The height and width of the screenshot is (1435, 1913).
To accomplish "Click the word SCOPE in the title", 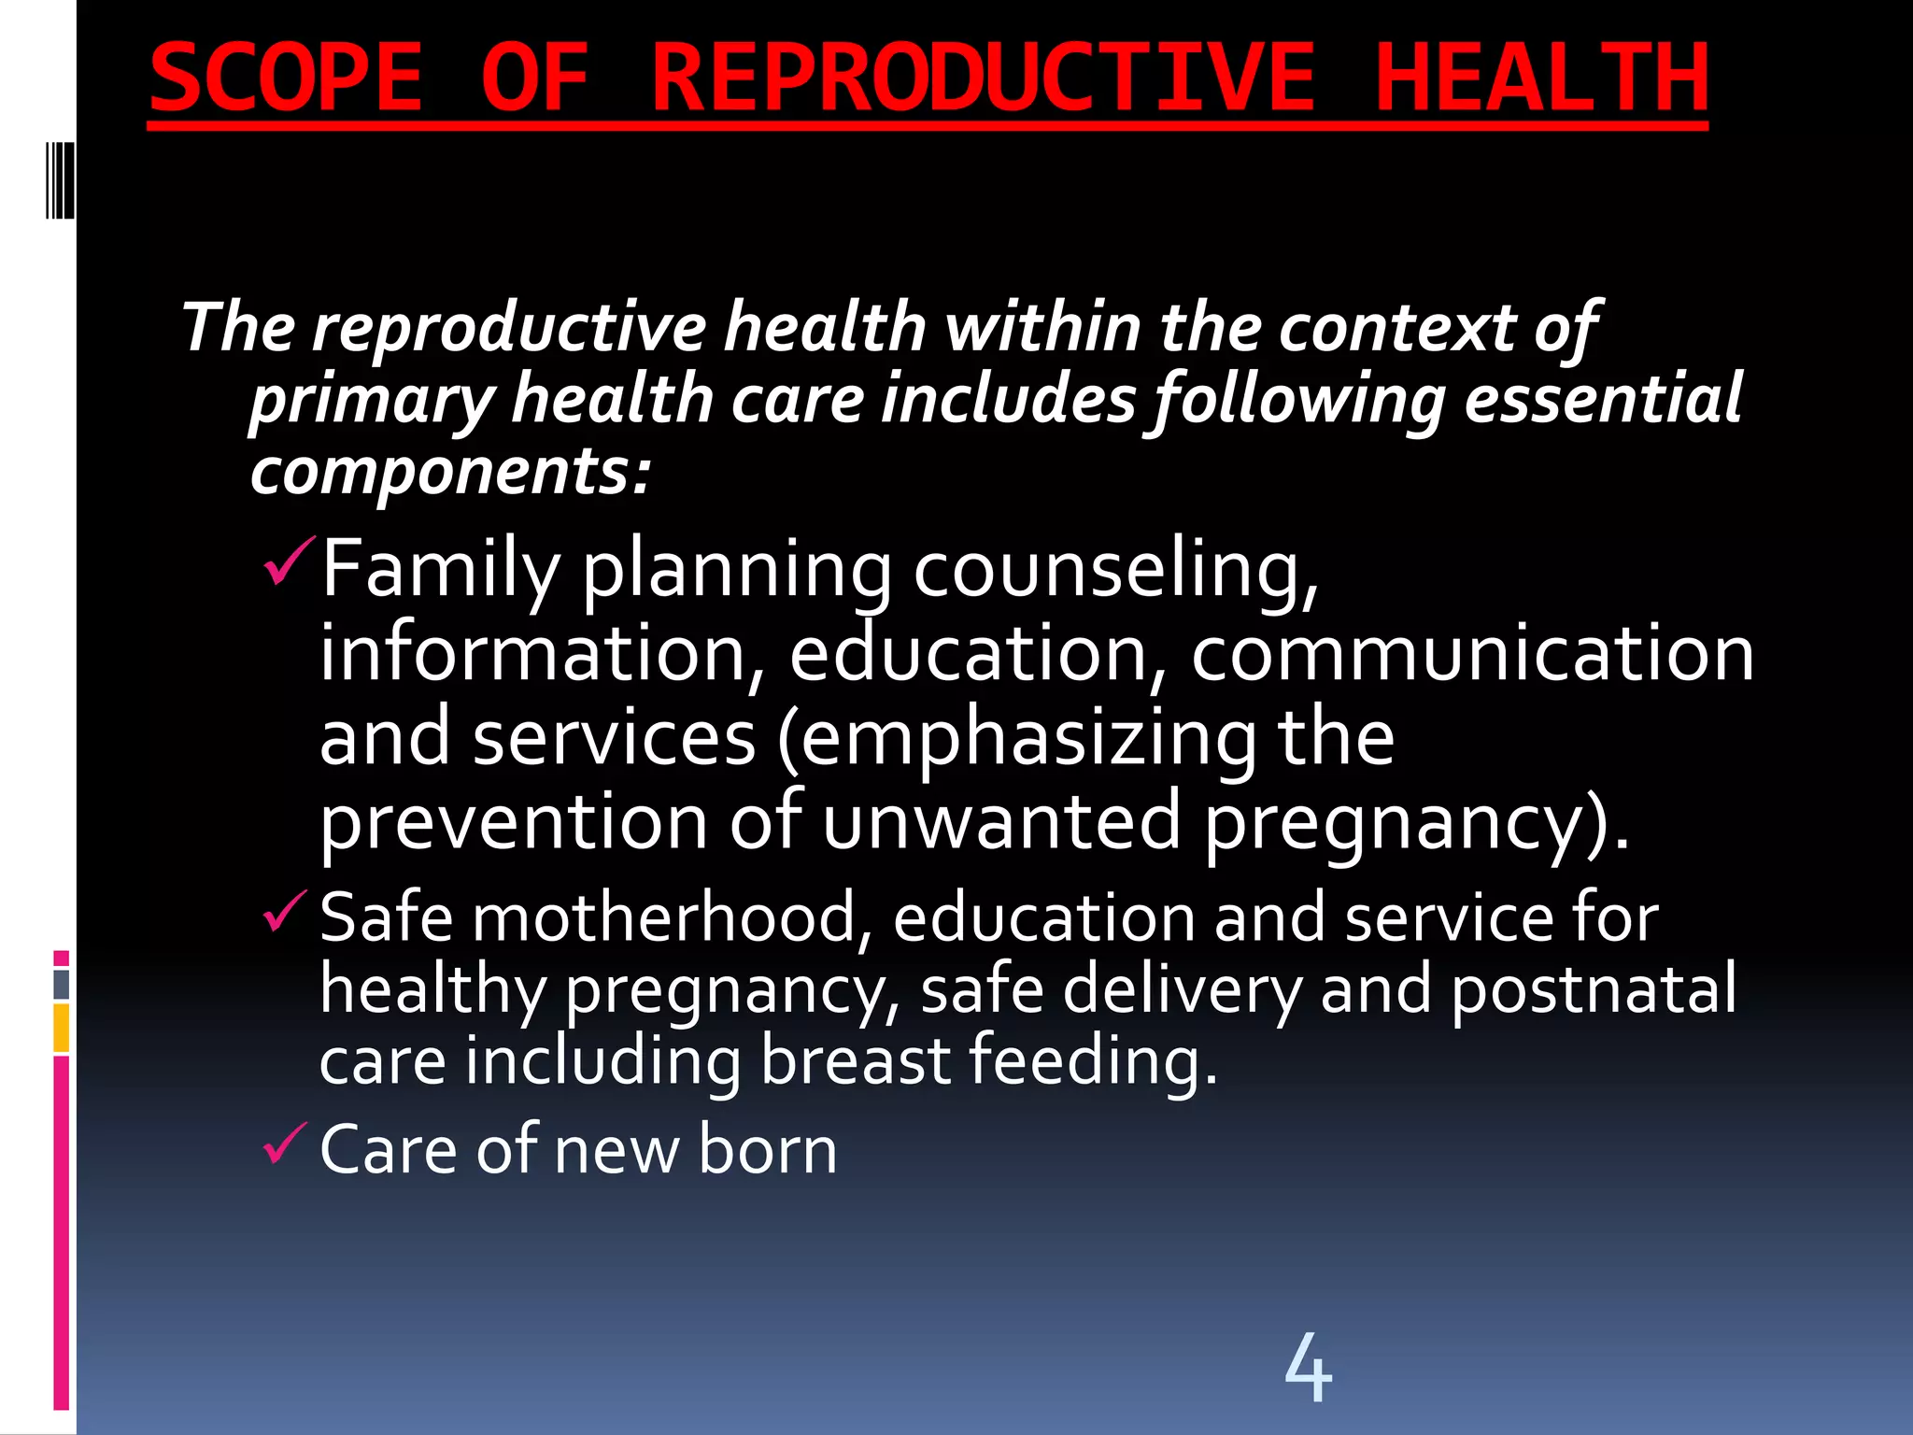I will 285,78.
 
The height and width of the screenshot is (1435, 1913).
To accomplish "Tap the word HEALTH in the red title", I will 1541,78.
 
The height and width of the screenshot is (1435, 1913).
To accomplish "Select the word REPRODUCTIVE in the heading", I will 983,78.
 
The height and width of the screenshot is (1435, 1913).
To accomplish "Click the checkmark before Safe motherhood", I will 284,911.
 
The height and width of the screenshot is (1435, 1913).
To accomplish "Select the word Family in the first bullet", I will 439,570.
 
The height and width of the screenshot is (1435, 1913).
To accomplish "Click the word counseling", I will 1114,570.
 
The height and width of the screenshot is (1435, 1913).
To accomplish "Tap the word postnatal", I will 1594,988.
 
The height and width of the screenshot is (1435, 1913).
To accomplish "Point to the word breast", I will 855,1060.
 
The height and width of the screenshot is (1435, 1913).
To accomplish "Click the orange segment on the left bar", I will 62,1028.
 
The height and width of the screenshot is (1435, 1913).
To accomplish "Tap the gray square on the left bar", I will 62,984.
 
